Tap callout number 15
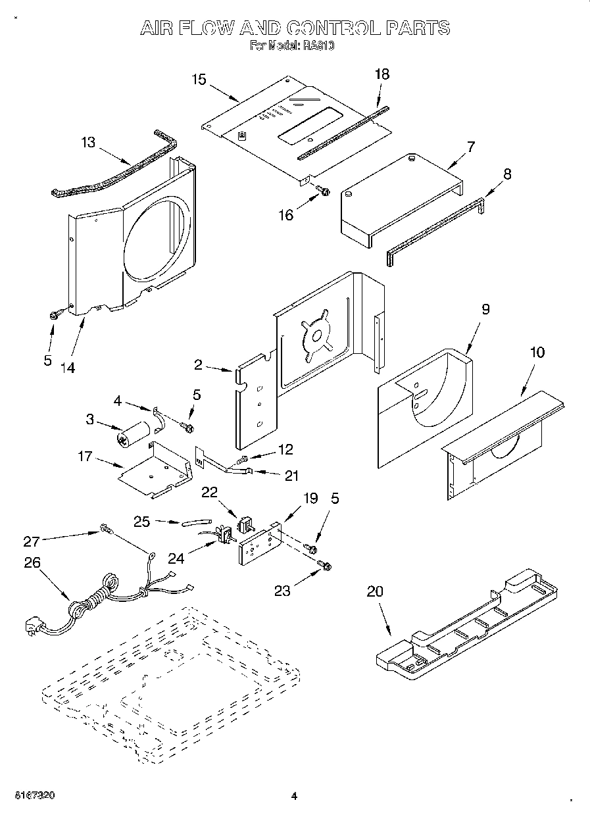(199, 80)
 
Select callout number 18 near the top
(381, 74)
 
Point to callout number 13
(88, 142)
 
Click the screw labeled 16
(323, 191)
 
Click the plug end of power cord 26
(34, 626)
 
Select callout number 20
(374, 591)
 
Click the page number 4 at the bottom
(295, 796)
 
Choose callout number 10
(537, 353)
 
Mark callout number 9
(485, 310)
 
